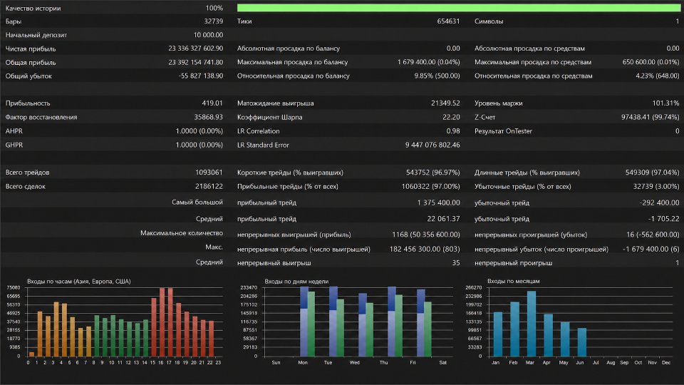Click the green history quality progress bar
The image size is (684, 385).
(x=458, y=8)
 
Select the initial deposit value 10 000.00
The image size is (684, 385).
(x=208, y=35)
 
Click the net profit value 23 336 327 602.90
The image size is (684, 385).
(x=195, y=48)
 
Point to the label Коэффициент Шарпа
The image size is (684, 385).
(x=269, y=117)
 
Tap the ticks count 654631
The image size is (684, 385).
(x=448, y=21)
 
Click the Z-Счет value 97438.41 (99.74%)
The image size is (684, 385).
(x=650, y=117)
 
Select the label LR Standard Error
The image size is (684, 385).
(x=263, y=145)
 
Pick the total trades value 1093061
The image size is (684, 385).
(x=209, y=173)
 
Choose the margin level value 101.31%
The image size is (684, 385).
(x=665, y=103)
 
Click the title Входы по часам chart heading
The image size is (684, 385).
(x=79, y=281)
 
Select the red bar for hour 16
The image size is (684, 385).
(x=162, y=322)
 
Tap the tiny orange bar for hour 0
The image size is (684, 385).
(x=31, y=354)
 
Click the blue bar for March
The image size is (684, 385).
(x=532, y=324)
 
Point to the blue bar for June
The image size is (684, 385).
(x=581, y=342)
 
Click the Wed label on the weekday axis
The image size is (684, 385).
(x=354, y=363)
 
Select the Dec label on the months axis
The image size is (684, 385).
(x=665, y=363)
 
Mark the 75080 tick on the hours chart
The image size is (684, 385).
(x=13, y=287)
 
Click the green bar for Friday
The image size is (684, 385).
(x=427, y=329)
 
